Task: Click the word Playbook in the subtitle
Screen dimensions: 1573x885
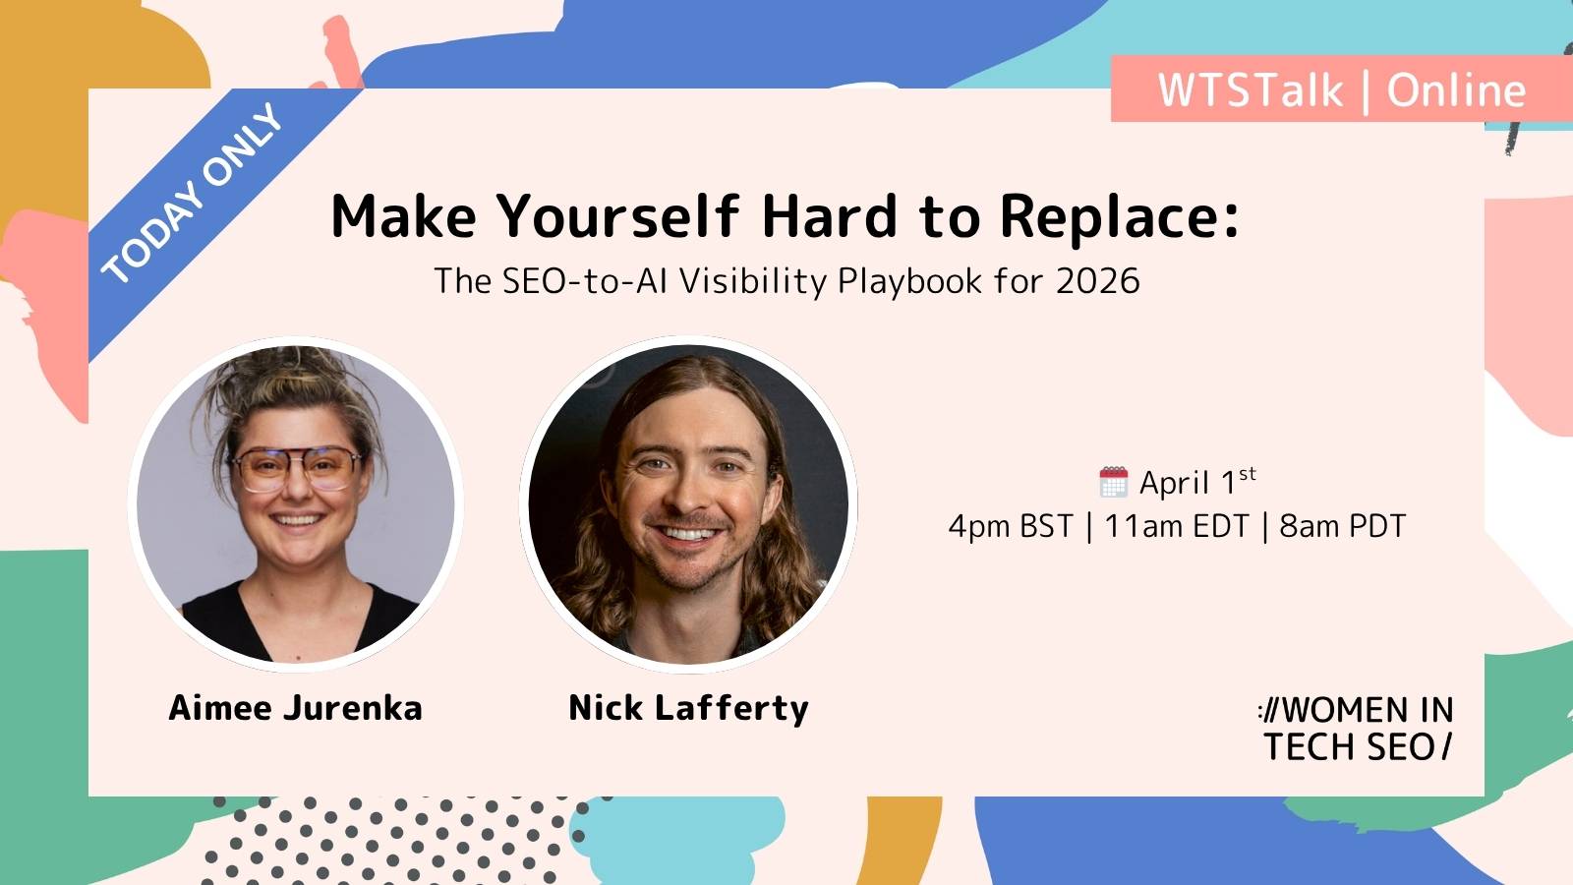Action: [x=909, y=282]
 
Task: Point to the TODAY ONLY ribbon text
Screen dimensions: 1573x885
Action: [x=192, y=193]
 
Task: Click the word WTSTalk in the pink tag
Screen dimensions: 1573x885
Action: [x=1250, y=90]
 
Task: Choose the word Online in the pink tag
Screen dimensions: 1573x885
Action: [x=1456, y=90]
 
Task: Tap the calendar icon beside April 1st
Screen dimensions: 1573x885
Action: [x=1113, y=482]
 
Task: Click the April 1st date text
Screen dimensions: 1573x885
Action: [x=1197, y=482]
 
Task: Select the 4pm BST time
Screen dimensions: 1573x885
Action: [x=1011, y=526]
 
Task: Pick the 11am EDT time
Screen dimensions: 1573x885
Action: [x=1176, y=526]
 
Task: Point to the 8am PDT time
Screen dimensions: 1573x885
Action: [x=1342, y=526]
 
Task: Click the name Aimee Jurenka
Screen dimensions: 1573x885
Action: [x=296, y=708]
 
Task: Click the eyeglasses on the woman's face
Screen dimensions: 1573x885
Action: [x=296, y=469]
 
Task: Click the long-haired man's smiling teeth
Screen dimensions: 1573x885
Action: [x=689, y=534]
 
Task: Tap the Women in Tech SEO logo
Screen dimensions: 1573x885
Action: [x=1356, y=729]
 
